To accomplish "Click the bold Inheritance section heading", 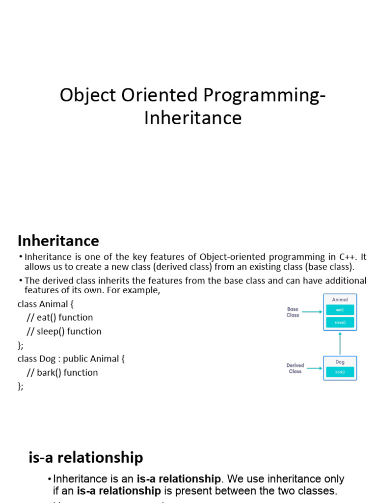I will click(58, 241).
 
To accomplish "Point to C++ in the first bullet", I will click(348, 257).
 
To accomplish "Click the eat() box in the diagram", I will click(340, 310).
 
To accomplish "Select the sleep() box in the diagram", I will click(340, 323).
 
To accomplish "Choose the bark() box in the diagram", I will click(340, 372).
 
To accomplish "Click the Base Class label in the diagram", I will click(293, 312).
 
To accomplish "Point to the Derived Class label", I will click(295, 368).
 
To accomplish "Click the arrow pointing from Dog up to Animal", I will click(340, 343).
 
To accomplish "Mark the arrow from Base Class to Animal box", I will click(312, 310).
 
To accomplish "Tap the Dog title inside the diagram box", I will click(340, 362).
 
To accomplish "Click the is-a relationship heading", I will click(86, 457).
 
